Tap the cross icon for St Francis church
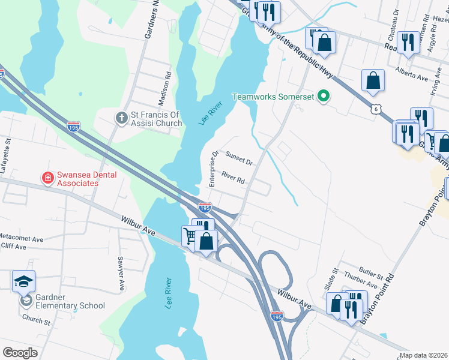click(121, 118)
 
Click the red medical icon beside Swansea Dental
click(47, 178)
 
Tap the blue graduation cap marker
click(23, 281)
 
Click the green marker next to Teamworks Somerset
click(324, 96)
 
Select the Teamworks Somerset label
click(273, 96)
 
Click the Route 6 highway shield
click(375, 109)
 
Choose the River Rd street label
click(233, 178)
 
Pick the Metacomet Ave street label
click(22, 238)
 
